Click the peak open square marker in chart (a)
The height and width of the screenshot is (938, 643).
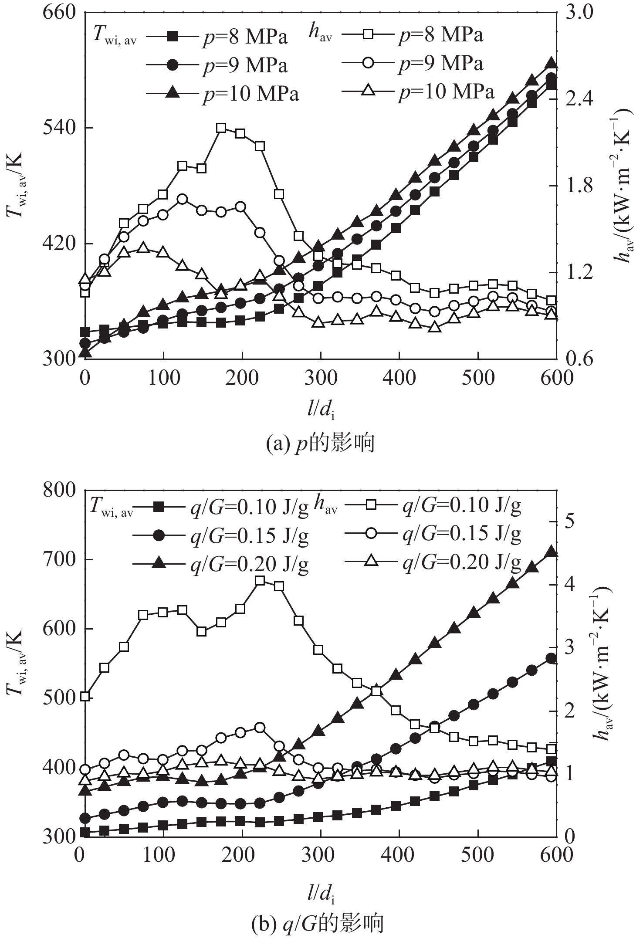(221, 128)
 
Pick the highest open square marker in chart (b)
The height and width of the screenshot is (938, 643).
(260, 580)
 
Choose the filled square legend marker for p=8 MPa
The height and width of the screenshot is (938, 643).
(173, 37)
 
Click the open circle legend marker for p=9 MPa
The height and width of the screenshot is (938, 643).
(368, 64)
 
